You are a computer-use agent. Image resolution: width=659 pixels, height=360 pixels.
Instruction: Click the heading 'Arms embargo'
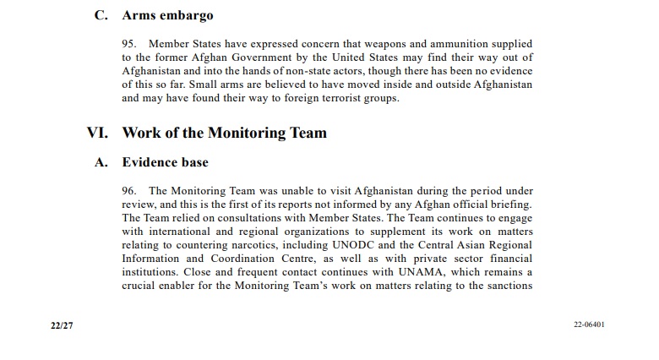(x=167, y=15)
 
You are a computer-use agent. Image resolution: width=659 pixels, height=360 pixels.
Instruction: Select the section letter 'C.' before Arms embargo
(x=101, y=15)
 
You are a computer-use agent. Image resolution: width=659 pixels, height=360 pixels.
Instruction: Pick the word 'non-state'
(x=329, y=70)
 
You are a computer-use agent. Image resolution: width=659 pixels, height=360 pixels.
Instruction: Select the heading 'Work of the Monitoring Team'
(x=224, y=133)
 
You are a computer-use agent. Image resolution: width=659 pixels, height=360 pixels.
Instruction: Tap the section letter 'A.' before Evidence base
(x=101, y=162)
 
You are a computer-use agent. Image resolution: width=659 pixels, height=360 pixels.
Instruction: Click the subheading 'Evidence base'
(x=165, y=162)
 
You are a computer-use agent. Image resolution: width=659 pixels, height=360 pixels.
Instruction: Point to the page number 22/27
(x=62, y=325)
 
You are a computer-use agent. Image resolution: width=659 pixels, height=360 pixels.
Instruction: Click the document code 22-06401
(x=589, y=325)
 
